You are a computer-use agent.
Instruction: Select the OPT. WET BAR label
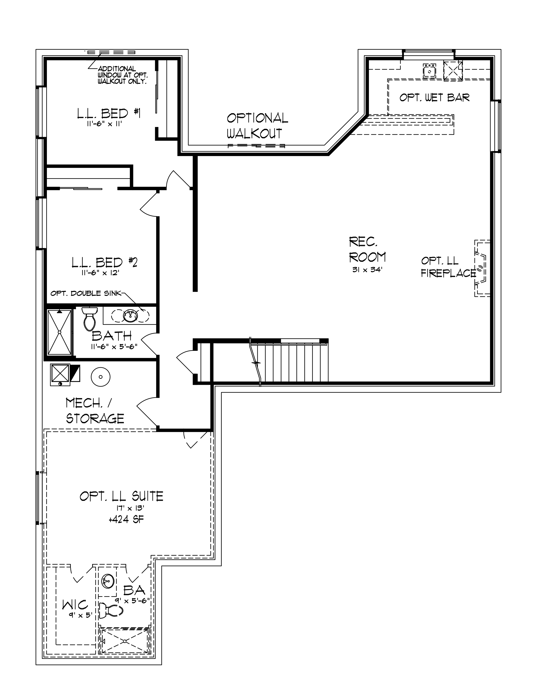click(x=435, y=97)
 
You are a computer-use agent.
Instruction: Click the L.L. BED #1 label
click(x=109, y=113)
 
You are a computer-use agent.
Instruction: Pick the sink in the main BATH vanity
click(x=130, y=316)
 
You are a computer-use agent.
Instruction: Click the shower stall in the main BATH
click(x=60, y=332)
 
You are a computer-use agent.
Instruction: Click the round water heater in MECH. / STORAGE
click(x=101, y=377)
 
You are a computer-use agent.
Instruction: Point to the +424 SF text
click(x=126, y=520)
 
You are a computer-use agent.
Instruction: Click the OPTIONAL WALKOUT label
click(x=257, y=125)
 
